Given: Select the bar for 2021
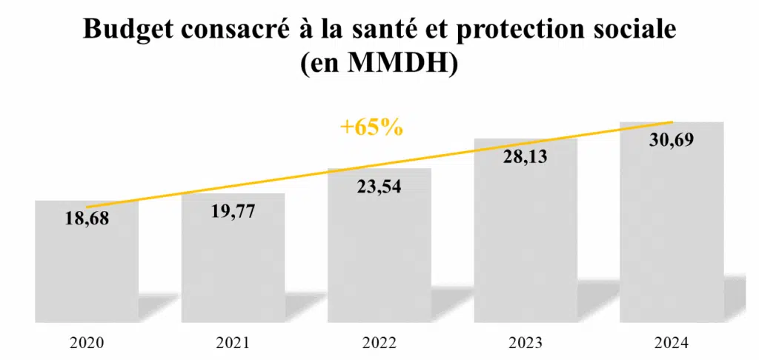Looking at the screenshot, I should (x=233, y=267).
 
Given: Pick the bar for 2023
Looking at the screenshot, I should (x=526, y=244).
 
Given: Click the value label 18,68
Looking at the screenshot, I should (x=86, y=220).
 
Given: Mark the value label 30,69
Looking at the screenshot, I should (x=672, y=140).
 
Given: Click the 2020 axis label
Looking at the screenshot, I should (x=86, y=343).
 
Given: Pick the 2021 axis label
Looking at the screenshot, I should (x=233, y=343).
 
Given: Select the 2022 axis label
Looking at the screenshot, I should (x=379, y=343).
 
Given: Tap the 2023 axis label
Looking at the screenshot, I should (x=526, y=343).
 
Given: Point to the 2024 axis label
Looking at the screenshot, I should (x=672, y=343).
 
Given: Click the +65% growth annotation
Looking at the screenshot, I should (x=371, y=127).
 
